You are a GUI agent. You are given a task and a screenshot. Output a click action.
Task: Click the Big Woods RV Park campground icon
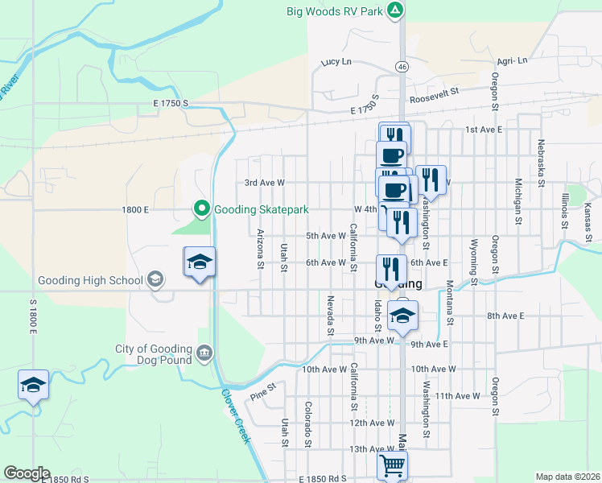click(x=394, y=10)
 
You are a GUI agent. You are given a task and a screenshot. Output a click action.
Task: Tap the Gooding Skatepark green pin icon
click(x=201, y=209)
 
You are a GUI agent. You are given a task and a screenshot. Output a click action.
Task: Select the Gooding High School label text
click(x=90, y=281)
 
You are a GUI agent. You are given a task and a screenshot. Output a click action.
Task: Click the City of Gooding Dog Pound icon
click(x=204, y=353)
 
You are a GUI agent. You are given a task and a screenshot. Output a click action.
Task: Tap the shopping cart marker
click(x=392, y=465)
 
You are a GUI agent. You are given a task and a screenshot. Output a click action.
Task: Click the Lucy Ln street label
click(x=336, y=62)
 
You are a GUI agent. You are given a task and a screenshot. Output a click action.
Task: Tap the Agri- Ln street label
click(x=512, y=61)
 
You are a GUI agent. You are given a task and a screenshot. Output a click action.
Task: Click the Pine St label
click(x=262, y=391)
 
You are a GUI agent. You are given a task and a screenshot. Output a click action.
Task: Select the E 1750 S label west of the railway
click(x=168, y=103)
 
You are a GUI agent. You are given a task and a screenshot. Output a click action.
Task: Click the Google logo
click(x=26, y=473)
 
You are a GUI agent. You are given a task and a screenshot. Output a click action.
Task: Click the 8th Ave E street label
click(x=505, y=317)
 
